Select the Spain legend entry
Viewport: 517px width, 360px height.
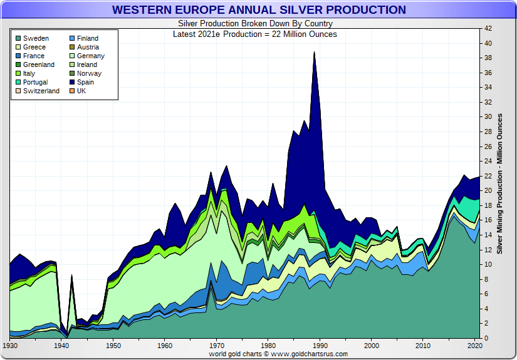click(86, 82)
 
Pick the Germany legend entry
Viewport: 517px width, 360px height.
click(91, 56)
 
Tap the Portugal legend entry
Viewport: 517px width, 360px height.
click(35, 82)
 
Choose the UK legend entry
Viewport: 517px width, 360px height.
click(81, 91)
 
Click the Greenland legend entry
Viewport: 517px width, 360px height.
click(38, 64)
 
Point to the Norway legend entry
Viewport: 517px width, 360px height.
click(88, 73)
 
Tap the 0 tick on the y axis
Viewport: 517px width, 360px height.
click(486, 339)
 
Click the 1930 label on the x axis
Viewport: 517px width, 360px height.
click(10, 346)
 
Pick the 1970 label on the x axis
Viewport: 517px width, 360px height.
click(217, 346)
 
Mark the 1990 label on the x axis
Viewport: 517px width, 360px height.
click(320, 346)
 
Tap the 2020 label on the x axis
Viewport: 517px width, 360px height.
click(475, 346)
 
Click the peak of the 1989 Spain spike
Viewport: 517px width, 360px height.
click(314, 53)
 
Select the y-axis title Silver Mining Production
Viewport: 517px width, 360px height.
click(500, 183)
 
